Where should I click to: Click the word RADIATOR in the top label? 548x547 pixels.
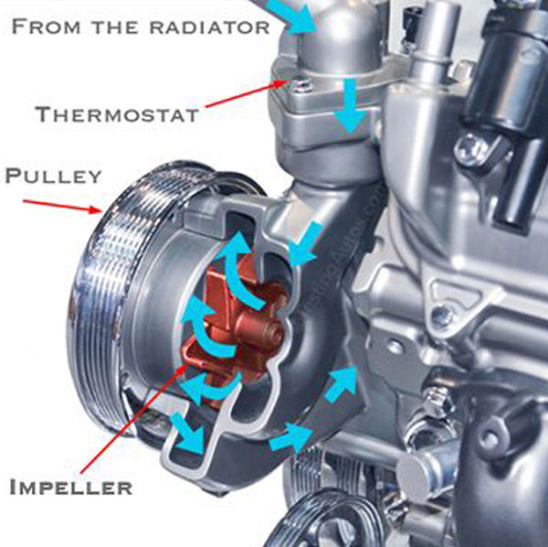click(210, 27)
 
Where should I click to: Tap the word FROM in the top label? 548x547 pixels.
click(47, 27)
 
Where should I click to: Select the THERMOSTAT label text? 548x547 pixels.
click(118, 114)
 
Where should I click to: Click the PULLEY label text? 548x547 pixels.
click(54, 176)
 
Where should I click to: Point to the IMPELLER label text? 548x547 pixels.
click(71, 488)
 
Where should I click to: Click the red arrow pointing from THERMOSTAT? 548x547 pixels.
click(248, 93)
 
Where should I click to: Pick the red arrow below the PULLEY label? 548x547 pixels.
click(62, 207)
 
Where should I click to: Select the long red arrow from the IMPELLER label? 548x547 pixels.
click(133, 419)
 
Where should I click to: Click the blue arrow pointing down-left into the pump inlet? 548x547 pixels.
click(305, 244)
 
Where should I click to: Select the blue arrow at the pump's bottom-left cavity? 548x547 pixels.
click(187, 433)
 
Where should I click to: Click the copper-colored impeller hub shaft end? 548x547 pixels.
click(273, 331)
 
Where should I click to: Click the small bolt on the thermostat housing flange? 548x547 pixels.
click(300, 85)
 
